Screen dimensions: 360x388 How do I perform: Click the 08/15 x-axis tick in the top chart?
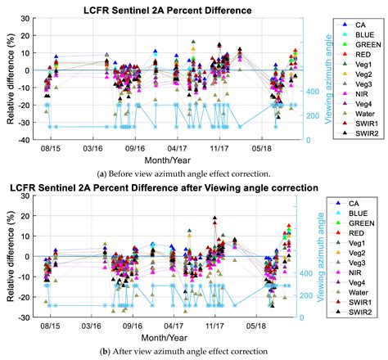pyautogui.click(x=51, y=148)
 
